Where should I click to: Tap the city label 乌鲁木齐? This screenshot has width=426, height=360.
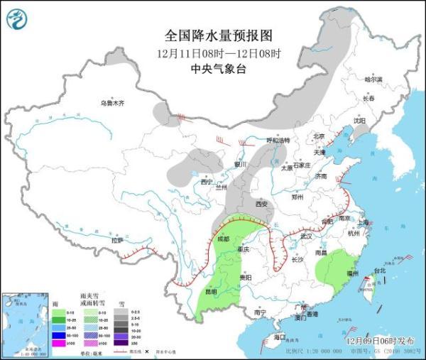(x=111, y=104)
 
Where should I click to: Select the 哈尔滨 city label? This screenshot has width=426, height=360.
(x=373, y=80)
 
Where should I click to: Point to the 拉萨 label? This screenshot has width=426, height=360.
(x=117, y=240)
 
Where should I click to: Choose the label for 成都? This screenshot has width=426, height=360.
(x=224, y=239)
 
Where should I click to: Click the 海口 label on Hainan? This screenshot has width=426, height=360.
(x=280, y=337)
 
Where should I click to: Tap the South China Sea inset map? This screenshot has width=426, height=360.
(x=25, y=324)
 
